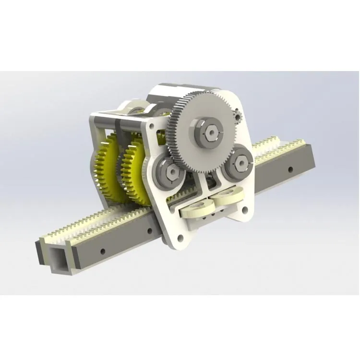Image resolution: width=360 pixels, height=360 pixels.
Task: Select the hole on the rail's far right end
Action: tap(290, 169)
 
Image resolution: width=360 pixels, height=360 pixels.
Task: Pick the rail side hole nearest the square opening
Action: tap(102, 251)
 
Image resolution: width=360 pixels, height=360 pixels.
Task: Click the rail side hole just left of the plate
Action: tap(150, 231)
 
